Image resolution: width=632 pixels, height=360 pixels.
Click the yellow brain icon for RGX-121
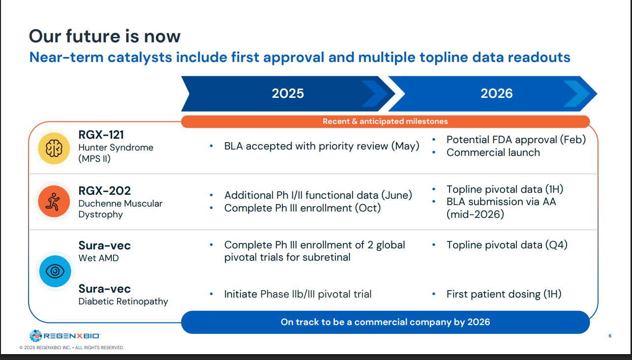[x=54, y=149]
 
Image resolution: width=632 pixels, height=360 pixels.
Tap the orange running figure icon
[x=54, y=202]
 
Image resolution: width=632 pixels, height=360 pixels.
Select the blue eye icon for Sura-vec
[x=55, y=271]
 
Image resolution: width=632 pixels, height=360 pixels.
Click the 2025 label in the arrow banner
[x=288, y=93]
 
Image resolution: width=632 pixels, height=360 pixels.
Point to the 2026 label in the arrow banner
[x=497, y=93]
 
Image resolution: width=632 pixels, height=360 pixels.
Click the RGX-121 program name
[x=101, y=135]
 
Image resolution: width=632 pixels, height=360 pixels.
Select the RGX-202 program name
[x=104, y=191]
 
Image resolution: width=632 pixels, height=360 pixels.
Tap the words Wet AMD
[x=98, y=258]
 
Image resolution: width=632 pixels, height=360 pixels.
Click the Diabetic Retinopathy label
[x=123, y=301]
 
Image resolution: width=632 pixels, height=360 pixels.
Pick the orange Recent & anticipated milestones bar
[x=386, y=121]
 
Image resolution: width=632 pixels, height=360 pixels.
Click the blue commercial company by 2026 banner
[x=386, y=322]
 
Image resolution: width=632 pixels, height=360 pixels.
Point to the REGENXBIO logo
[x=64, y=336]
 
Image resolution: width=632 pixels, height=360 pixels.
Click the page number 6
[x=610, y=336]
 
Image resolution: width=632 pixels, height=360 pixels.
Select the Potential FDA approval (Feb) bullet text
[x=516, y=140]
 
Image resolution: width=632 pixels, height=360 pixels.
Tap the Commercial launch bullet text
[x=493, y=152]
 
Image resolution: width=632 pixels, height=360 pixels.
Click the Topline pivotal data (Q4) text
[x=507, y=245]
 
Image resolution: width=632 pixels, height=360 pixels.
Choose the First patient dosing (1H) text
[x=504, y=294]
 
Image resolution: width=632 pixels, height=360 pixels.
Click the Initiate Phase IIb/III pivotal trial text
[x=298, y=294]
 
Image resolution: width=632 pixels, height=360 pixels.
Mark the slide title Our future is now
[x=105, y=36]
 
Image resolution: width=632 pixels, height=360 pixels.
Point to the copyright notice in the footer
[x=72, y=348]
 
